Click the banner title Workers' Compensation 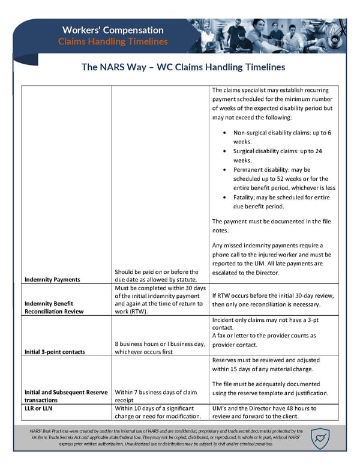[113, 29]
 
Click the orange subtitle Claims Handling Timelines [113, 41]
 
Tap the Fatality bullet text [281, 201]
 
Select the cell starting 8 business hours [160, 348]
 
